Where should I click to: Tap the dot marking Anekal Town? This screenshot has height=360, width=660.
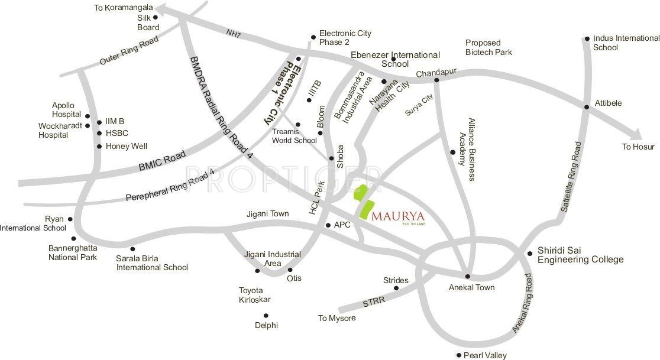[468, 276]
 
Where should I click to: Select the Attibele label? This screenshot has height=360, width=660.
[607, 103]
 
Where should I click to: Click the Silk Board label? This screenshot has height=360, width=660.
[148, 22]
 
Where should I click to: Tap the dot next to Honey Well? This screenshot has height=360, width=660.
[99, 146]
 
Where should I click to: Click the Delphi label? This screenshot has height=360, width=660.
[266, 325]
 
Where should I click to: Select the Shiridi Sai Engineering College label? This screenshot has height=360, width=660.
[580, 255]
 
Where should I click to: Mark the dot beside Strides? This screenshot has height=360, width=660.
[396, 288]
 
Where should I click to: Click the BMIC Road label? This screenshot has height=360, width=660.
[154, 161]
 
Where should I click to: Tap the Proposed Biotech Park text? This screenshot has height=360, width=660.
[488, 47]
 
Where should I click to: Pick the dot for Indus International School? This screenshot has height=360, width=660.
[587, 39]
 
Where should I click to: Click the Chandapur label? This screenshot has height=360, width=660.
[436, 73]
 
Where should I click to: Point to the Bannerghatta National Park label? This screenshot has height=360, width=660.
[73, 252]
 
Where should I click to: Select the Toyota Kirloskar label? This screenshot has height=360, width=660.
[254, 295]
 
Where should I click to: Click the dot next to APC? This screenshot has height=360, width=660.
[328, 225]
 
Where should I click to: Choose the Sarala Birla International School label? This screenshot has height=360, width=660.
[152, 262]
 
